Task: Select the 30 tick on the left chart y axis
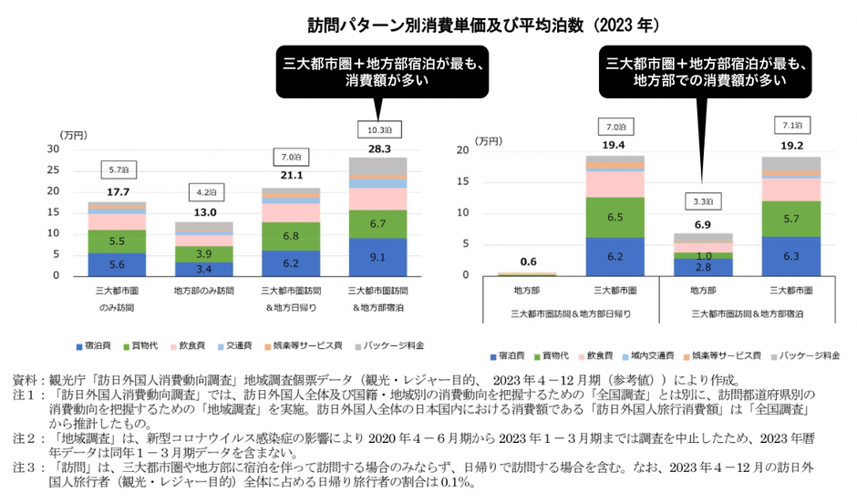point(52,149)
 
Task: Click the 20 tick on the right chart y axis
point(468,149)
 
